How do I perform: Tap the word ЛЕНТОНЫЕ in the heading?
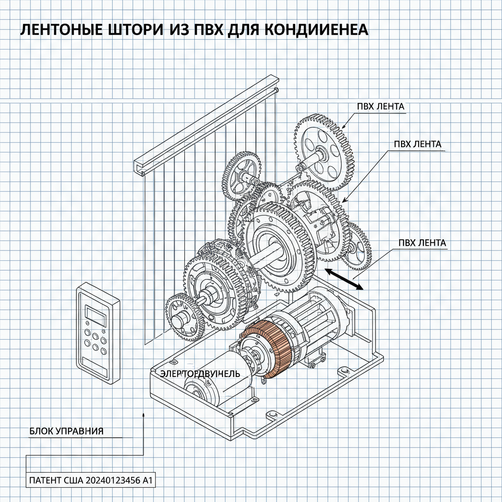[59, 30]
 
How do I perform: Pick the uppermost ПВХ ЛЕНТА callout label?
[381, 106]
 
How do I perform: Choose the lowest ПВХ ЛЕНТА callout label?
[422, 243]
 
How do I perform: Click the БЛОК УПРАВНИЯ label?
[66, 431]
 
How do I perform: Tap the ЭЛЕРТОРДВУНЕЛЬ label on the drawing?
[200, 374]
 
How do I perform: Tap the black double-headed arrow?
[343, 279]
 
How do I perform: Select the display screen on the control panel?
[96, 315]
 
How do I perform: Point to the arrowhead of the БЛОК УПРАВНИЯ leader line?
[143, 414]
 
